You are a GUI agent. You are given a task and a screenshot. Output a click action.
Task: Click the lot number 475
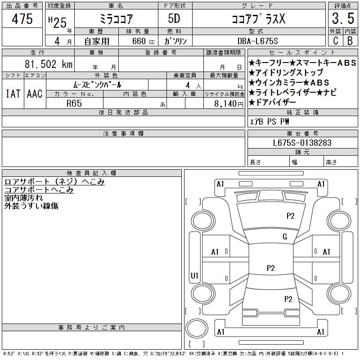(x=22, y=19)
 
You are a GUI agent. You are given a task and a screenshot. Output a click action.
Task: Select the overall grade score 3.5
(x=342, y=19)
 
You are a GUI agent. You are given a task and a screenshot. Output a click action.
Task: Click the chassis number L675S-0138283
(x=302, y=143)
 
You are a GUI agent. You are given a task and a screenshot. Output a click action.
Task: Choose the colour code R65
(x=75, y=103)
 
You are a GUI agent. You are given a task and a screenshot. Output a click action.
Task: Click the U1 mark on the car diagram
(x=195, y=275)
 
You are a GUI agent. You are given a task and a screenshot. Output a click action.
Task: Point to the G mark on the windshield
(x=284, y=237)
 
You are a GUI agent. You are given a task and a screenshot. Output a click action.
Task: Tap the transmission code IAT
(x=13, y=94)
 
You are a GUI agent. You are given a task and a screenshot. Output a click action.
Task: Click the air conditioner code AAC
(x=34, y=94)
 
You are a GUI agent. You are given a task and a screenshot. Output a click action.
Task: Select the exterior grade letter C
(x=335, y=40)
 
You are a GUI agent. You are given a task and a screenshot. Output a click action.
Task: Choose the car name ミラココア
(x=115, y=19)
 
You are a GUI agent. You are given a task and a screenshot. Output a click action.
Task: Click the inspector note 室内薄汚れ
(x=23, y=198)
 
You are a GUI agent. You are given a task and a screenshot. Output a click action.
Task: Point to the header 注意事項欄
(x=123, y=134)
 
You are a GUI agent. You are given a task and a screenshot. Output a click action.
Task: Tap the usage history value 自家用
(x=97, y=40)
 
